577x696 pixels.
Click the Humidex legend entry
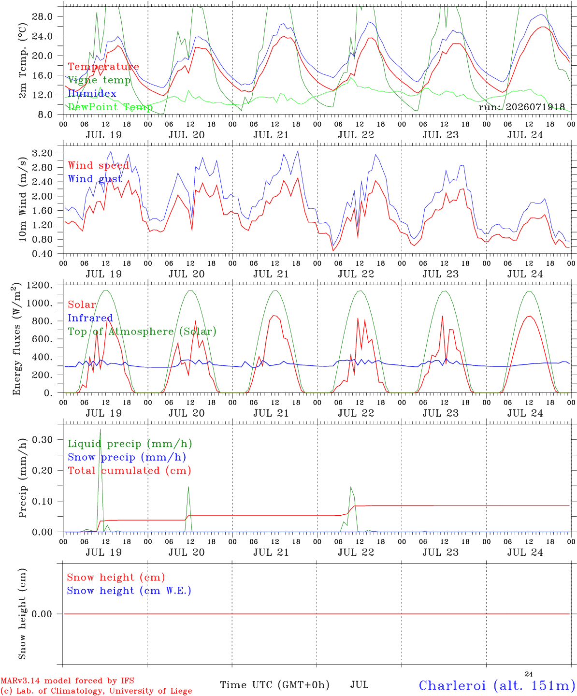92,93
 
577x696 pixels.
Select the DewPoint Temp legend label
110,107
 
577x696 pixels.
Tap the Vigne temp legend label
100,80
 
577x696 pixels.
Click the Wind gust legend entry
95,179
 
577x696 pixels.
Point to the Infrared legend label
90,318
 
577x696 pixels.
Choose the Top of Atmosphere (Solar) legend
143,332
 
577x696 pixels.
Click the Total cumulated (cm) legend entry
130,470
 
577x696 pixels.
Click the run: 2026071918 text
521,107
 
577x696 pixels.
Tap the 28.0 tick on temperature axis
43,16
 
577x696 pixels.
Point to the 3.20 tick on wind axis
43,153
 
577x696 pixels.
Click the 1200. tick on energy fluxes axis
40,285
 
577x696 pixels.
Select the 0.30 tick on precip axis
43,440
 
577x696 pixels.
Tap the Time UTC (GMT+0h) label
274,685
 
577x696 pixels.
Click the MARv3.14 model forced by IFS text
67,681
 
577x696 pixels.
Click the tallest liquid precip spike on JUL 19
101,429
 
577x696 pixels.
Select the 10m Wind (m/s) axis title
22,199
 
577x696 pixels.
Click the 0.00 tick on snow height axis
42,614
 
